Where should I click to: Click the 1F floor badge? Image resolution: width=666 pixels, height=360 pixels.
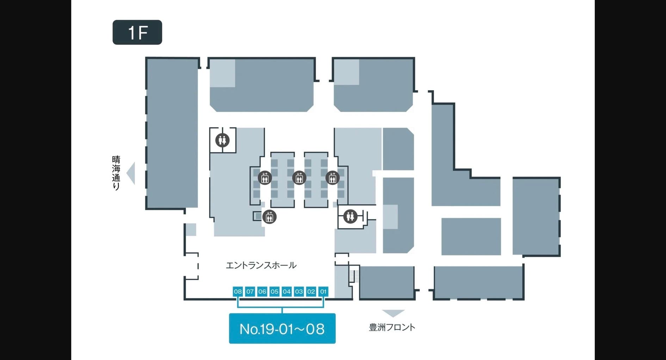click(137, 32)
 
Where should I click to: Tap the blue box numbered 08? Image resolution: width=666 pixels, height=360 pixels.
click(238, 291)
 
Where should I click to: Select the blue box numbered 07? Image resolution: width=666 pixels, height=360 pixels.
click(250, 291)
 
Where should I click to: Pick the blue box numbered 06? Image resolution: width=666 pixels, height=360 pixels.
click(262, 291)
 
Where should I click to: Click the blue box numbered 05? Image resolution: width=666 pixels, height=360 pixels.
click(275, 291)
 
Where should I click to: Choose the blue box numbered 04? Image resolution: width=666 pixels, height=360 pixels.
click(286, 291)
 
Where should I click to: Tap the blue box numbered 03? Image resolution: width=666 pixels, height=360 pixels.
click(299, 291)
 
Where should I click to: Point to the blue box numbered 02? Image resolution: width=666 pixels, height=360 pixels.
click(311, 291)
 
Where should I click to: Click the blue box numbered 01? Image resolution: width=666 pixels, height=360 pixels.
click(323, 291)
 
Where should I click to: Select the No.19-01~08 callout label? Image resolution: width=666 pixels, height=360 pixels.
click(282, 329)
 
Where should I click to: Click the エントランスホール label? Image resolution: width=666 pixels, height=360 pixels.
click(261, 265)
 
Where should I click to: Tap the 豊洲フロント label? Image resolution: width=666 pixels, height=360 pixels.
click(392, 327)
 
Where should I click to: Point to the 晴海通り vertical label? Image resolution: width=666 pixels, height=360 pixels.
click(116, 173)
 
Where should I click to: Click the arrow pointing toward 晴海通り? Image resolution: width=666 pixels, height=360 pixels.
click(131, 173)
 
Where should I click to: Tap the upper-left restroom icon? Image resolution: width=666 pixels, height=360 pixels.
click(222, 140)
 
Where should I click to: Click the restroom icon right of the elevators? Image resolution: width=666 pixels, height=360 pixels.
click(350, 216)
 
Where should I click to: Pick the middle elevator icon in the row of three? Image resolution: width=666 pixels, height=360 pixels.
click(299, 178)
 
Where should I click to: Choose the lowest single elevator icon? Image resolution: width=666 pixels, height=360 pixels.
click(269, 217)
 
